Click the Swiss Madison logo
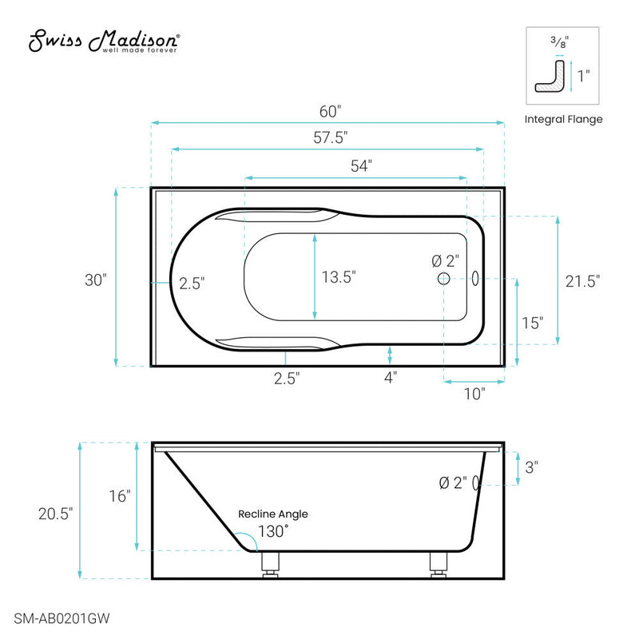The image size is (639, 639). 105,42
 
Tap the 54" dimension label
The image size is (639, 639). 361,165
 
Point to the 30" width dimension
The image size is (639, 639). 95,280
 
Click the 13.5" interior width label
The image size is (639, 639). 339,277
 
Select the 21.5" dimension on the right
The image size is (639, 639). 582,280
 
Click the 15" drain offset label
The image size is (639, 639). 532,323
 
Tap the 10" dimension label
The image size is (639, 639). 473,393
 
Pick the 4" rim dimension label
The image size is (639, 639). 390,378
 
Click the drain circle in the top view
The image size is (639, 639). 444,278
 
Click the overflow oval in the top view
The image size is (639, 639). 476,278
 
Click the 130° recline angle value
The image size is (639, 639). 272,530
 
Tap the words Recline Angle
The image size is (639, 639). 272,514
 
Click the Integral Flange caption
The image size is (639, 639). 563,119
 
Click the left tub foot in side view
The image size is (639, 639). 271,563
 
